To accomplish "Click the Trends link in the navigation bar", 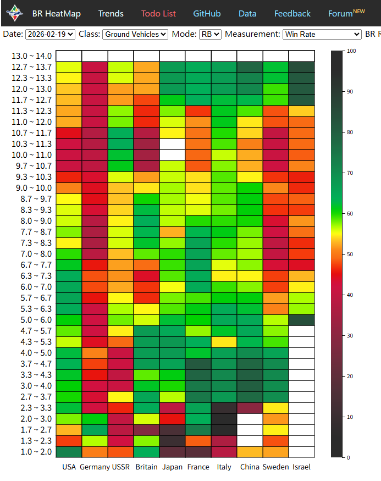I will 111,13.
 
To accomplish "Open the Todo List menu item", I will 158,13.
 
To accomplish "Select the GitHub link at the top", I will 207,13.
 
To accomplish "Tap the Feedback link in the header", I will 292,13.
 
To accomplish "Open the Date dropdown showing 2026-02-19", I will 50,34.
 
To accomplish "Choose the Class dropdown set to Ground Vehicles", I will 135,34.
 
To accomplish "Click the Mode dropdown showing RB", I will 210,34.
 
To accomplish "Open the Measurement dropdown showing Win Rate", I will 322,34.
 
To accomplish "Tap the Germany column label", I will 95,467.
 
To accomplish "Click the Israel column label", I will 301,467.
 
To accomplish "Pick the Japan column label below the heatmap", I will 172,467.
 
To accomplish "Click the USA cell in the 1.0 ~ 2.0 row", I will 69,452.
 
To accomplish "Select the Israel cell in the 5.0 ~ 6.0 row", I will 301,319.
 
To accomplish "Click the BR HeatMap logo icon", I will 14,13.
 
